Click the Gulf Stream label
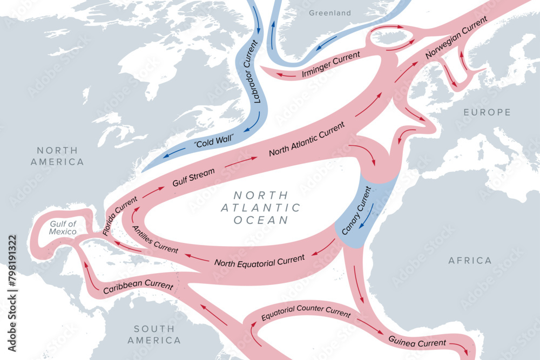193,177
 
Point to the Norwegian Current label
456,38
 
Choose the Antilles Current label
155,239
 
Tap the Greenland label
329,13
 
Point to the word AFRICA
470,261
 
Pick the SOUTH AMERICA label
154,335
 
